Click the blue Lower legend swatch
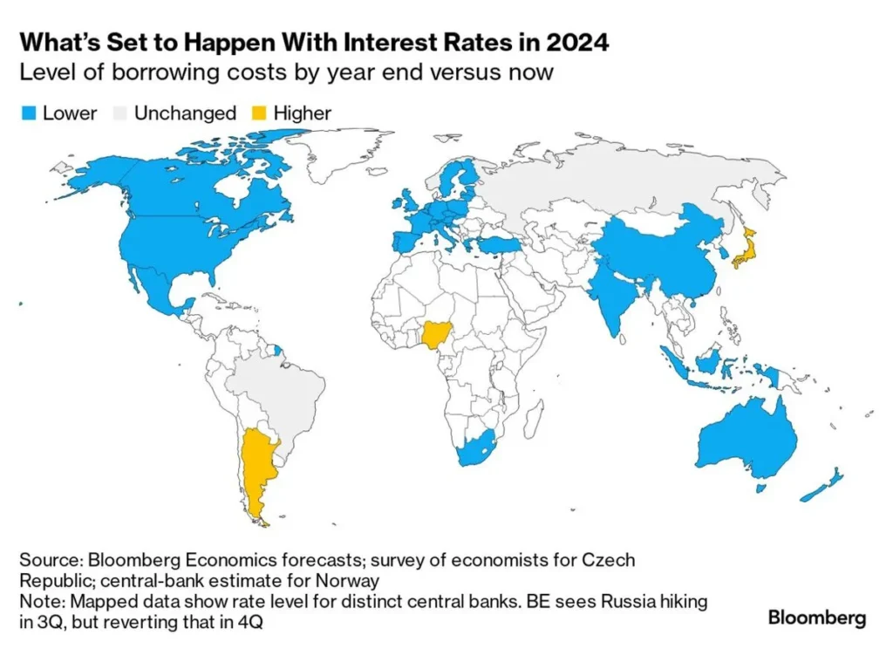28,113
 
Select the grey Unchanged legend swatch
120,113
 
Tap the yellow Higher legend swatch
259,113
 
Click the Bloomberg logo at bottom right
816,618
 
